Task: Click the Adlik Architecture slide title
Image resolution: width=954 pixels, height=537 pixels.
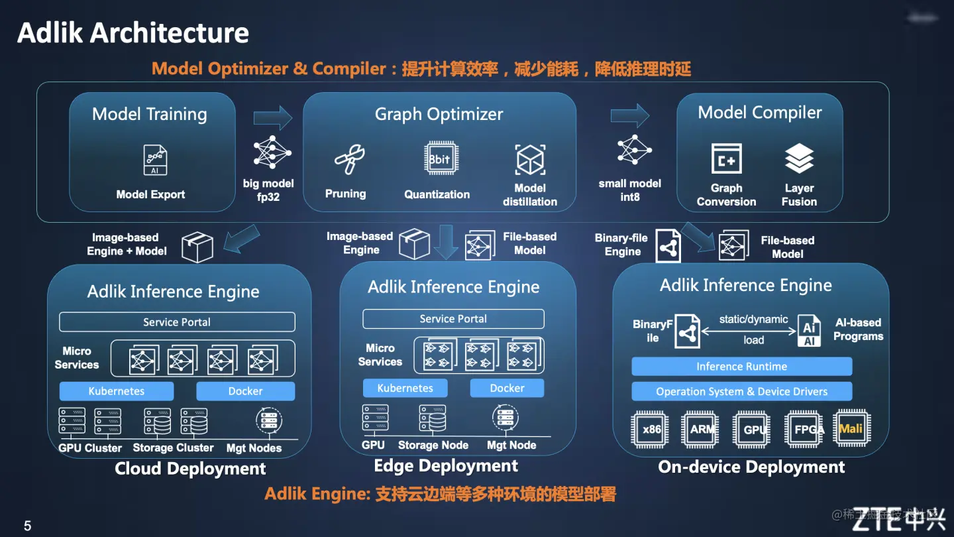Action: point(133,32)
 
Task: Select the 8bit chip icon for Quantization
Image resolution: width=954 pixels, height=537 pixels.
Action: point(439,159)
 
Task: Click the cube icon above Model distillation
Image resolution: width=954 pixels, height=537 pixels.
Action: point(530,160)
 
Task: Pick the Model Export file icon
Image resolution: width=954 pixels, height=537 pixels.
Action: point(155,160)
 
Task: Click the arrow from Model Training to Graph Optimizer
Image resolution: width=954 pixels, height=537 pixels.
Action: point(272,118)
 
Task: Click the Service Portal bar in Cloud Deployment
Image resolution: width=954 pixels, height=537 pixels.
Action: point(177,322)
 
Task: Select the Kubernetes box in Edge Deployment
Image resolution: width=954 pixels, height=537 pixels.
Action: point(405,388)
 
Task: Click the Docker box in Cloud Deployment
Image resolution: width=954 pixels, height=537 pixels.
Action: point(245,391)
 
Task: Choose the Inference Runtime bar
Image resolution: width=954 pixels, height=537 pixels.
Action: point(741,367)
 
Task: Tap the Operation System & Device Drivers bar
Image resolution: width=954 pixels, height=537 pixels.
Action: point(741,392)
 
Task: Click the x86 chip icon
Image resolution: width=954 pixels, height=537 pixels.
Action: point(651,429)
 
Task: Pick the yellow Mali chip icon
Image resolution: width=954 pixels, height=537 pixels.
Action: point(851,429)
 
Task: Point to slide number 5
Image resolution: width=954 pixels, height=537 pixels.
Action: point(28,526)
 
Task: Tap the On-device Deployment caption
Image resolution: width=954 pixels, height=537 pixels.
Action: point(751,467)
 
